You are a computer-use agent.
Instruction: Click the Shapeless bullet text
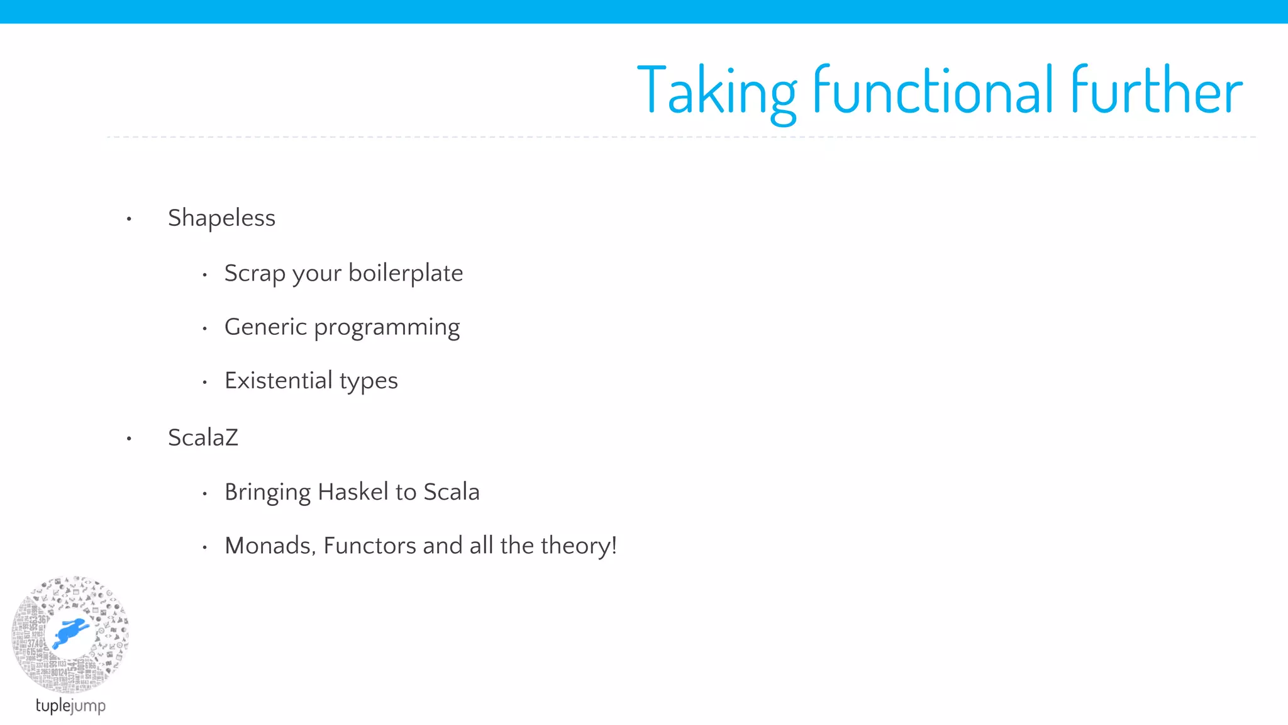click(221, 218)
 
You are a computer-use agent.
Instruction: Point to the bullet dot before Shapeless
click(129, 219)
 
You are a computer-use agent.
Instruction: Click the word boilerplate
click(406, 273)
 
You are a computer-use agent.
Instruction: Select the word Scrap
click(255, 273)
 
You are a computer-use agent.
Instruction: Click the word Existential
click(278, 381)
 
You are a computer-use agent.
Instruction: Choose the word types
click(369, 381)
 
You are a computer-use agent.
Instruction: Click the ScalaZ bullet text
click(203, 437)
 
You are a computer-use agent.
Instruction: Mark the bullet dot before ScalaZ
click(129, 439)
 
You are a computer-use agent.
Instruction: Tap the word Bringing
click(267, 492)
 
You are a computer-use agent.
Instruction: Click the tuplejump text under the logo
click(70, 705)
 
